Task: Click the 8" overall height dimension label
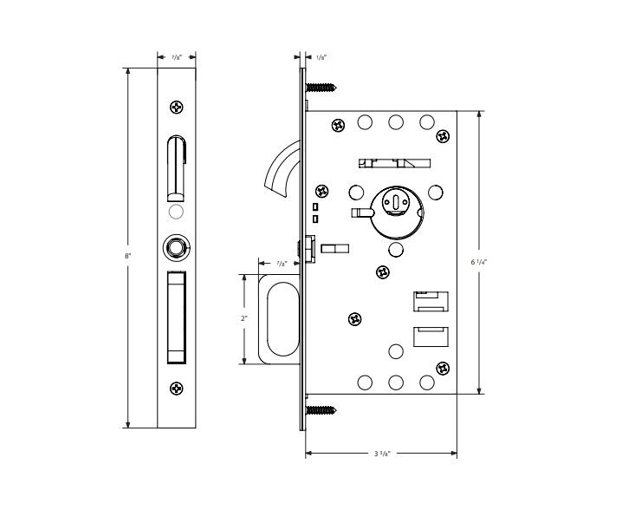click(x=127, y=256)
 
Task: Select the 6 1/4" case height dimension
click(x=479, y=260)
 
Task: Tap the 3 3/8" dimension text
click(x=382, y=454)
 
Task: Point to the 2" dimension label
click(x=244, y=318)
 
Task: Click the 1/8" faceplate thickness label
click(x=321, y=57)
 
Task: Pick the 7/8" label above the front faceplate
click(x=176, y=57)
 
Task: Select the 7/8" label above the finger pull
click(x=282, y=263)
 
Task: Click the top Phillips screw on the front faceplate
click(x=177, y=108)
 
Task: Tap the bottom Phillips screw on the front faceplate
click(x=177, y=388)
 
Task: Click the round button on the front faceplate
click(x=177, y=248)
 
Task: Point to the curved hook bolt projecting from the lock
click(x=280, y=170)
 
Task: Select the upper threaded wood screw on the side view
click(x=320, y=87)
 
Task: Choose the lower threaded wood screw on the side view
click(x=320, y=409)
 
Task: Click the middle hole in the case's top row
click(x=396, y=122)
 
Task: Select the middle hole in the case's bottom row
click(x=396, y=382)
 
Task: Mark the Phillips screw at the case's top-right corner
click(x=443, y=136)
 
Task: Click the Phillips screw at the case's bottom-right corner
click(x=443, y=368)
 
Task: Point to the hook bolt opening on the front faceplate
click(x=176, y=167)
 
